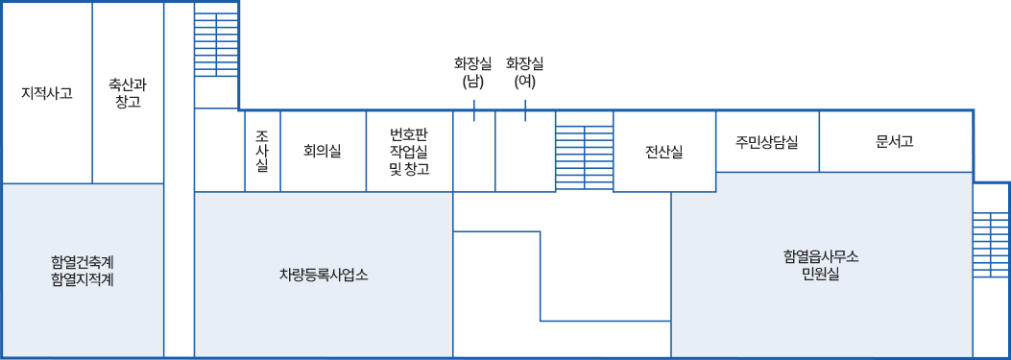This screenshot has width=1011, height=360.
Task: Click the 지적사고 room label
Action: point(46,93)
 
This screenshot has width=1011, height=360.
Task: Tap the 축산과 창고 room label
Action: point(128,93)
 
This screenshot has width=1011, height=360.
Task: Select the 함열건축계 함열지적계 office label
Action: point(83,271)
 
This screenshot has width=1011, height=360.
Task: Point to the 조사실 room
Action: point(262,151)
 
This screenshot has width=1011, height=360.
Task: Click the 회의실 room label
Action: point(322,151)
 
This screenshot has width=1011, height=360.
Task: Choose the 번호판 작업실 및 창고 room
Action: point(409,151)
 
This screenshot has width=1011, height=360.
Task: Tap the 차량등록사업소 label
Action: point(324,276)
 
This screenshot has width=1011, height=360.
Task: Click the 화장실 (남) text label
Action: point(473,73)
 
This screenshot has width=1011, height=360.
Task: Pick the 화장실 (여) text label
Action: point(525,73)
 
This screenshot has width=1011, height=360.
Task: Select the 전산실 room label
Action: point(664,151)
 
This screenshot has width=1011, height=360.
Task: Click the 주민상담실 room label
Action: point(767,141)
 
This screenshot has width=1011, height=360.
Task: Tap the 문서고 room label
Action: point(895,141)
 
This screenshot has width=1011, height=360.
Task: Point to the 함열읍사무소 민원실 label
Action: point(821,265)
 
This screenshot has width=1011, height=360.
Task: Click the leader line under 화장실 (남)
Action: point(474,112)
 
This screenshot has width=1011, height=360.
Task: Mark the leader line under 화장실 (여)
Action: point(525,112)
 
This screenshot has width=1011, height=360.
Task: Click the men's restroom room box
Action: point(474,158)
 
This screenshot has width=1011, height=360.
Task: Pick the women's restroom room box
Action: point(525,158)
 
